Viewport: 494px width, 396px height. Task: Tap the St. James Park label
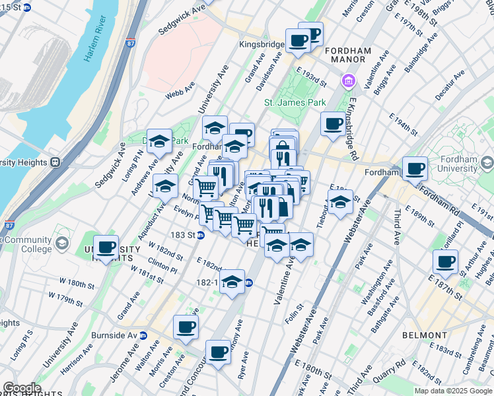pyautogui.click(x=295, y=103)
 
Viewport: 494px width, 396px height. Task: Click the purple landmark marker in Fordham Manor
pyautogui.click(x=347, y=82)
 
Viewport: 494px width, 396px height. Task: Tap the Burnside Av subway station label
pyautogui.click(x=119, y=335)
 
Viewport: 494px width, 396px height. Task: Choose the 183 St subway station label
pyautogui.click(x=185, y=235)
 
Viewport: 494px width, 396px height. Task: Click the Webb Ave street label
pyautogui.click(x=180, y=90)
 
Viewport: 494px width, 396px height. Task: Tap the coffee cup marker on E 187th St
pyautogui.click(x=446, y=261)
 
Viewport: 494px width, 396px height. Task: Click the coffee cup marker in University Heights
pyautogui.click(x=106, y=247)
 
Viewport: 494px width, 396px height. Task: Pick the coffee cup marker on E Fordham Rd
pyautogui.click(x=415, y=169)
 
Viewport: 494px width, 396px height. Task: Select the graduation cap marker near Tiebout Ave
pyautogui.click(x=340, y=203)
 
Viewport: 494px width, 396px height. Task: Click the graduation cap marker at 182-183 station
pyautogui.click(x=231, y=282)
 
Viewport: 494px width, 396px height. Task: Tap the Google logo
pyautogui.click(x=21, y=388)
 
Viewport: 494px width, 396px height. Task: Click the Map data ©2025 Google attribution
pyautogui.click(x=452, y=391)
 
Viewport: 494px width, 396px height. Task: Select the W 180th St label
pyautogui.click(x=77, y=284)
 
